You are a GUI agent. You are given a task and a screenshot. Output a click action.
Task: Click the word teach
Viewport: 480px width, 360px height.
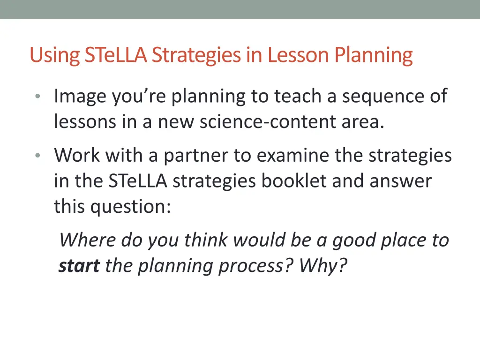(x=300, y=97)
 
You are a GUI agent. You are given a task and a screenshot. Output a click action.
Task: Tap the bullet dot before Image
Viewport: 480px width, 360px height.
(x=37, y=97)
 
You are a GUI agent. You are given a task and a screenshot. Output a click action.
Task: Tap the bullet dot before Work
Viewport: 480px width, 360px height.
(x=37, y=156)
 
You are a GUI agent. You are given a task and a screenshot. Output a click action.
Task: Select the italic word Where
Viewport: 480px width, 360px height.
(x=87, y=240)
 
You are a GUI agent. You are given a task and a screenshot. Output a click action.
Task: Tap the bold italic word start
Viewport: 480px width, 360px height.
(x=79, y=266)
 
